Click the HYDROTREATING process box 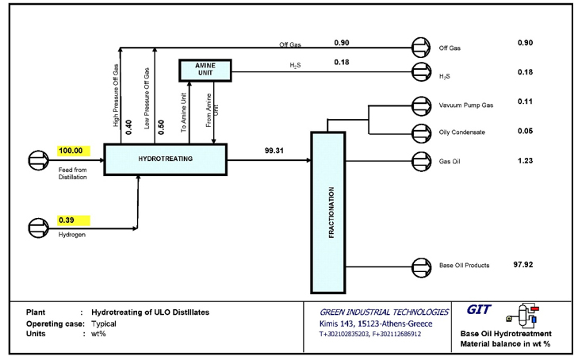coord(165,159)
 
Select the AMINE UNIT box coord(205,70)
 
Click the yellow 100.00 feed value coord(74,150)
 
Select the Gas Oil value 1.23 coord(524,160)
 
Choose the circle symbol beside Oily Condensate coord(420,132)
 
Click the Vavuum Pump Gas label coord(465,105)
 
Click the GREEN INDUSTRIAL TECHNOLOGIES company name coord(379,312)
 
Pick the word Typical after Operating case coord(104,325)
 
